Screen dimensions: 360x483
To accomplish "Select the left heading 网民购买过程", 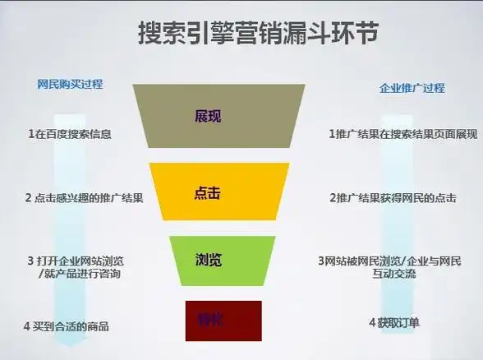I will click(71, 85).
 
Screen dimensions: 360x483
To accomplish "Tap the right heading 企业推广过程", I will click(412, 88).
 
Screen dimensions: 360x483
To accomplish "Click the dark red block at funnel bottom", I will click(224, 320).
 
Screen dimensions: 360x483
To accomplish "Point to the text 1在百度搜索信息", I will click(70, 133).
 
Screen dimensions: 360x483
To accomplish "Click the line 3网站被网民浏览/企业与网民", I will click(389, 261).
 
